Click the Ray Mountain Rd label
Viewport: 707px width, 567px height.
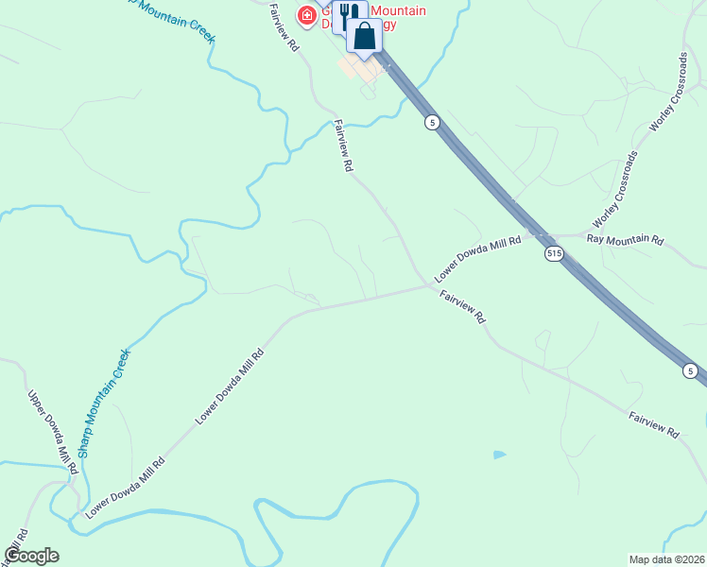point(625,239)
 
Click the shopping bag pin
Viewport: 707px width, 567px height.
point(364,39)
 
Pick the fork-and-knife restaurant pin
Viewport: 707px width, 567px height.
point(349,13)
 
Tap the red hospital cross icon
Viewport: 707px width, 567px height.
point(307,15)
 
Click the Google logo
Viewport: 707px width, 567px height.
point(32,556)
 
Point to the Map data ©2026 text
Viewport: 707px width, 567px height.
point(666,558)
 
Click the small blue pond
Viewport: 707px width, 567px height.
point(499,455)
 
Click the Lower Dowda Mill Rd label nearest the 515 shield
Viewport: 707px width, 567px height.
point(478,259)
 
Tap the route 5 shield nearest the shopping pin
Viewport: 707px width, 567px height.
point(431,123)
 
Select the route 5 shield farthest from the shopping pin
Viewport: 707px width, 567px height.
point(691,370)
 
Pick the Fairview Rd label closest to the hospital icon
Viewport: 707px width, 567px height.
point(283,31)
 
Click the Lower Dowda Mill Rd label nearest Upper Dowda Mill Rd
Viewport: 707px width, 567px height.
point(125,487)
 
